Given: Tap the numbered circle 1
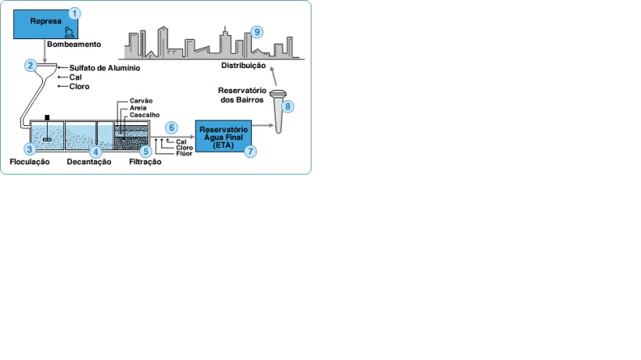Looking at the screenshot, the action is [x=74, y=13].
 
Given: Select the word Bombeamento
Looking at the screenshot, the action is [x=72, y=45].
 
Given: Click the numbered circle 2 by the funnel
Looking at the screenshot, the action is [x=31, y=65].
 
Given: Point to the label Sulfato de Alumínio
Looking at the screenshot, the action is [x=104, y=68].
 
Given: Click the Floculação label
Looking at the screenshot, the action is [x=29, y=162].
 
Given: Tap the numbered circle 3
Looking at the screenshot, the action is [x=30, y=149].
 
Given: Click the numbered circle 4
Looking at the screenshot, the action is [x=95, y=152].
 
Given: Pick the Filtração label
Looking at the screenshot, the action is [x=144, y=162].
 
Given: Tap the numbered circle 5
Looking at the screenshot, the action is [x=146, y=151].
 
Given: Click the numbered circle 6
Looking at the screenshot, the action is [x=172, y=127].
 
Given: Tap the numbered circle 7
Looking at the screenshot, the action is [x=250, y=152].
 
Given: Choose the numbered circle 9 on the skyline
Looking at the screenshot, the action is [x=256, y=32].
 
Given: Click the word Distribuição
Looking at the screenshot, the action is [x=245, y=67].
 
